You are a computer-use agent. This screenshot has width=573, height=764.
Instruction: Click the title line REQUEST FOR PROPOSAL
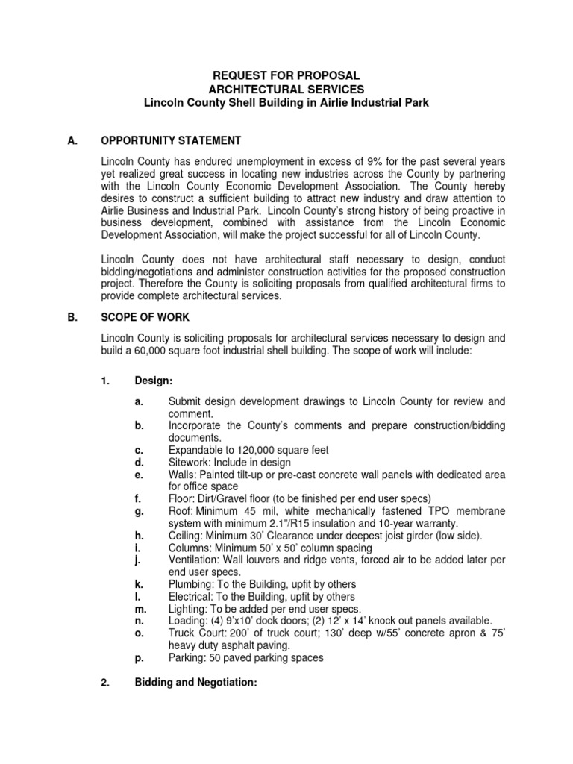click(286, 75)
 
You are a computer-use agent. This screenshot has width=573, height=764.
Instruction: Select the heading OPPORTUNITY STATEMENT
click(171, 140)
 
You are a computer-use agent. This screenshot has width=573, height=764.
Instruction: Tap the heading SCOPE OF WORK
click(146, 316)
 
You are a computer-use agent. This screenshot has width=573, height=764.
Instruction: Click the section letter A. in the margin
click(73, 140)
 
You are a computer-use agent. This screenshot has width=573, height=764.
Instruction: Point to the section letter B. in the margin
click(73, 316)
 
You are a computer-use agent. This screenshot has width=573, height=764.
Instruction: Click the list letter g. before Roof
click(139, 510)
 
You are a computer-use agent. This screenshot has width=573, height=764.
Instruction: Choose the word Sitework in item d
click(190, 462)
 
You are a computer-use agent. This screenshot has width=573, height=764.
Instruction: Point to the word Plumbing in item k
click(192, 583)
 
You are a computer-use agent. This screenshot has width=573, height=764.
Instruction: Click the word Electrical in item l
click(192, 596)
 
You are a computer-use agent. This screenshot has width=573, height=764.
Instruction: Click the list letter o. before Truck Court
click(139, 633)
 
